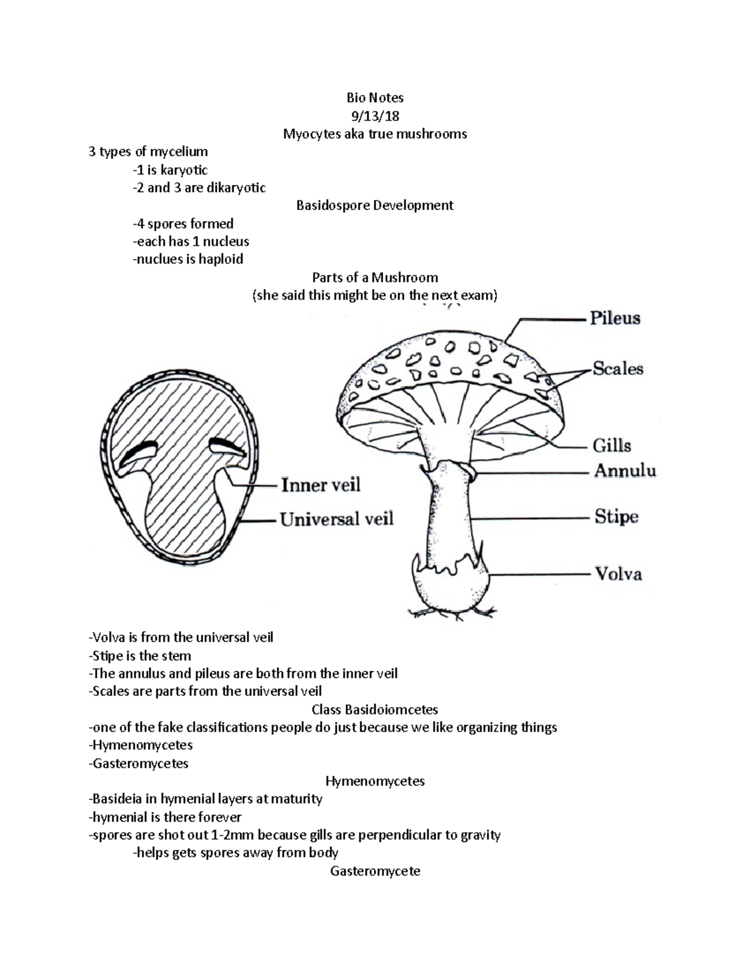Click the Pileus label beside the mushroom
click(615, 319)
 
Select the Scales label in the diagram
click(617, 369)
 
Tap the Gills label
click(611, 445)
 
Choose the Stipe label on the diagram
click(616, 517)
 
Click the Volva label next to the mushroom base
click(617, 573)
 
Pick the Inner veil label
click(321, 485)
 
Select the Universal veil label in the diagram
click(336, 519)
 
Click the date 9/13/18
click(375, 116)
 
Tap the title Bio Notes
click(375, 97)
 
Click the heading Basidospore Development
click(375, 205)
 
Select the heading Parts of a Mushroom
click(375, 277)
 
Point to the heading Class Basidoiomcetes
click(375, 710)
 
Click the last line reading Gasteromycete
click(375, 871)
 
